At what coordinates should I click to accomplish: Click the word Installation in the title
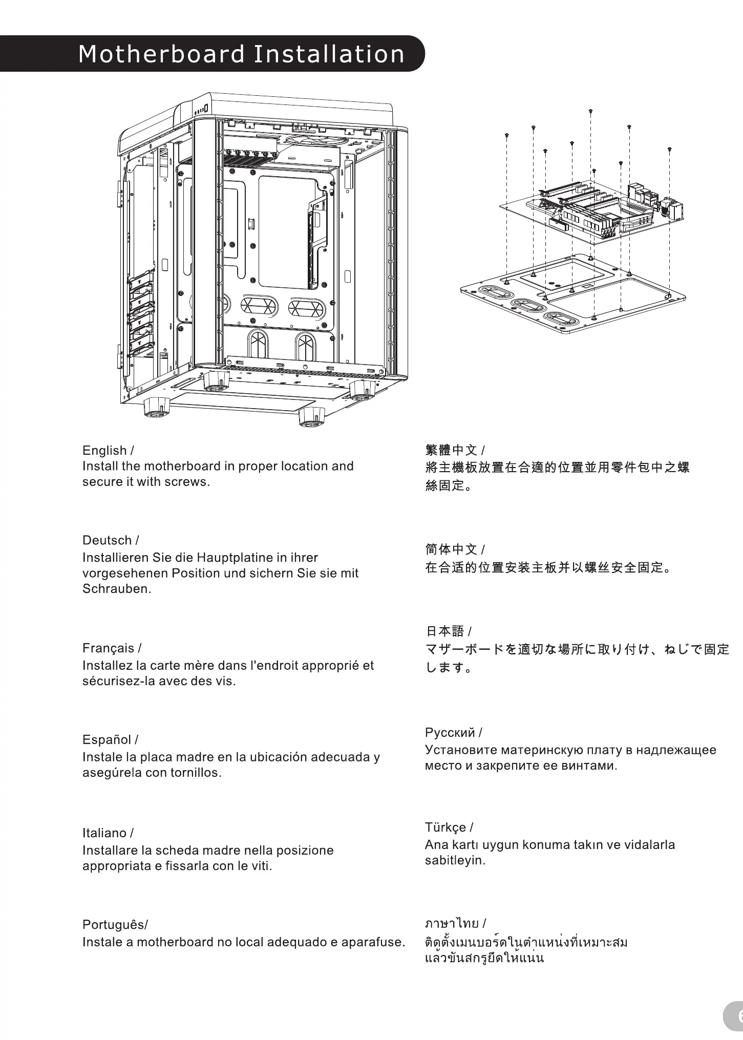point(329,54)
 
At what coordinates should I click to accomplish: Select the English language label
point(104,451)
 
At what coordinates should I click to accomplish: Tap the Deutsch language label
point(107,540)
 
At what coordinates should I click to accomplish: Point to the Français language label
point(109,648)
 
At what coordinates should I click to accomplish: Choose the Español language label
point(107,740)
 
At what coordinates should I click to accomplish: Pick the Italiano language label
point(104,833)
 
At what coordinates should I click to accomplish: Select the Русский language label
point(450,733)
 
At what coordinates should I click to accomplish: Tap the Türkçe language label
point(445,827)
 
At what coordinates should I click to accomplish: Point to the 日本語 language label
point(444,631)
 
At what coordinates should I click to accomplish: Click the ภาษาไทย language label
point(452,923)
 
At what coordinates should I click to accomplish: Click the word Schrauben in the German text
point(116,589)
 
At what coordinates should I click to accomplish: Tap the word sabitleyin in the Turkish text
point(454,861)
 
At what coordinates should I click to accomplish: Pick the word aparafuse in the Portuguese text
point(372,942)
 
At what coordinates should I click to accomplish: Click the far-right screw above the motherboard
point(670,150)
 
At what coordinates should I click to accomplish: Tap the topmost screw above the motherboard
point(591,111)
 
